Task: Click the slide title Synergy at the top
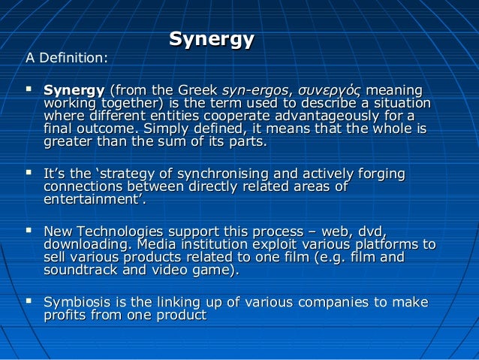pyautogui.click(x=212, y=39)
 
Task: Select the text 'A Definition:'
pyautogui.click(x=67, y=58)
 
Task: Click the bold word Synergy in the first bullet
pyautogui.click(x=74, y=90)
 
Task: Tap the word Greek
pyautogui.click(x=194, y=90)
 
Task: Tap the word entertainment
pyautogui.click(x=93, y=201)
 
